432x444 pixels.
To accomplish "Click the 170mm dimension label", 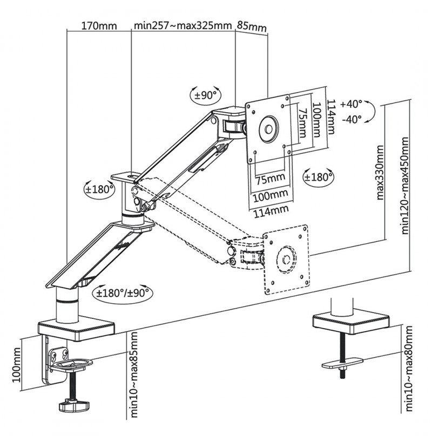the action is [99, 26].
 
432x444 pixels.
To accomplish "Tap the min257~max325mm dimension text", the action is [183, 25].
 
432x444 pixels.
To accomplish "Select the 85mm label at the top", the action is [252, 26].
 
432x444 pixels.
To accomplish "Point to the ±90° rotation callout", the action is [206, 95].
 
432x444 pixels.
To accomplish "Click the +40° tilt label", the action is [351, 104].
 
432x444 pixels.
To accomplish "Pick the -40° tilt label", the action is [352, 119].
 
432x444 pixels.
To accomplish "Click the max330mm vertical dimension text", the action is [380, 173].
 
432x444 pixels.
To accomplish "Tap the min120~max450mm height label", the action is [405, 186].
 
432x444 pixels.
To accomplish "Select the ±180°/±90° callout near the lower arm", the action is [123, 292].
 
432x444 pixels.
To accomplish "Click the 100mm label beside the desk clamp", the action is [16, 365].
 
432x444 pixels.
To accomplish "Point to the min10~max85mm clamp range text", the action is [134, 374].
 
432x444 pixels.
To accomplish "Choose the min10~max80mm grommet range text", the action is [408, 368].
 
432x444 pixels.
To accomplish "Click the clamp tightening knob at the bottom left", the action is [73, 405].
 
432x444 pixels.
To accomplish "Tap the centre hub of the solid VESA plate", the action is [268, 129].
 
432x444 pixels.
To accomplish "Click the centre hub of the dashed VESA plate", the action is [286, 259].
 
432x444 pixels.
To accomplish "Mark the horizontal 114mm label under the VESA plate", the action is [271, 211].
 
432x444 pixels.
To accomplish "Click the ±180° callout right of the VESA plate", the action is [319, 177].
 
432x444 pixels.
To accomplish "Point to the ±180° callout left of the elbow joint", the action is [99, 189].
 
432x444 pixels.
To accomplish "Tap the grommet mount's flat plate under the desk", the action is [343, 363].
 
